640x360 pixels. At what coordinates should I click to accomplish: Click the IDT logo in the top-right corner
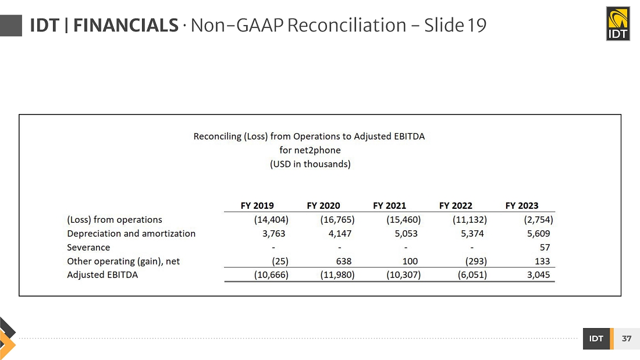click(617, 24)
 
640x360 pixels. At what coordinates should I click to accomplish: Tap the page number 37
click(626, 338)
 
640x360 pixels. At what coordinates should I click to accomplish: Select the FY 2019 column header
click(257, 205)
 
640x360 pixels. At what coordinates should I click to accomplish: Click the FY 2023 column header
click(522, 205)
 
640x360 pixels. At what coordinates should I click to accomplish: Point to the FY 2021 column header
click(390, 205)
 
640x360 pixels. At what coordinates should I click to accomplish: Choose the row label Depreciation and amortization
click(131, 233)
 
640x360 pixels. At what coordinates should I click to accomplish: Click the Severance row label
click(88, 247)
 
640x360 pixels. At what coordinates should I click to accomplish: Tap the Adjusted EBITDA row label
click(102, 275)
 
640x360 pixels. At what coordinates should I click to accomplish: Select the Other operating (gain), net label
click(123, 261)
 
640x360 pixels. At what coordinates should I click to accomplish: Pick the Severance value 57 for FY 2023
click(545, 247)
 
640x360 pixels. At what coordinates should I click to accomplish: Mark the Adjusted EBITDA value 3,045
click(538, 275)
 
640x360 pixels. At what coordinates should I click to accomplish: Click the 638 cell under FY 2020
click(344, 261)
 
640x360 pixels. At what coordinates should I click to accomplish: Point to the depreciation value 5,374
click(472, 233)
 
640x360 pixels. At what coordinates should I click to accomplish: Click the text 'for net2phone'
click(310, 150)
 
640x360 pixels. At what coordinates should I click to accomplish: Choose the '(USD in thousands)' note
click(310, 164)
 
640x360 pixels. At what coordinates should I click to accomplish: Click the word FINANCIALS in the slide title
click(126, 26)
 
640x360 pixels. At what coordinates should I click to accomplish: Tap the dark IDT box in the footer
click(596, 338)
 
